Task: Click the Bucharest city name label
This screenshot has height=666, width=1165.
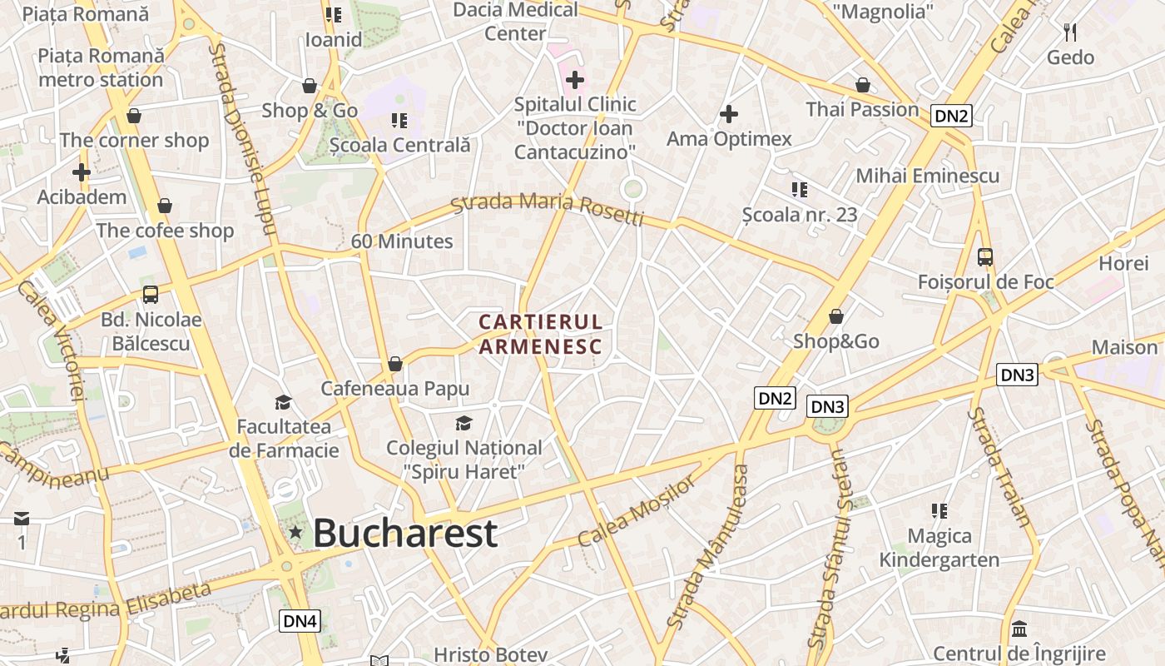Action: (405, 533)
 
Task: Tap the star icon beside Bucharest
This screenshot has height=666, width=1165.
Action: (295, 532)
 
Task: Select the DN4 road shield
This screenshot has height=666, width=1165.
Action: (300, 620)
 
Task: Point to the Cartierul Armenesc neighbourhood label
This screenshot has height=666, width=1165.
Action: (540, 334)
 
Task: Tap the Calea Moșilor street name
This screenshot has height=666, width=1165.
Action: (637, 511)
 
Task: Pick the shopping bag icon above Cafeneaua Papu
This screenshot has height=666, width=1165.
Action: (395, 364)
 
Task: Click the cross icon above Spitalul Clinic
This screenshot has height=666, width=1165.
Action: (574, 80)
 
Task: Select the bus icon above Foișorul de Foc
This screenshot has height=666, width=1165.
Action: (985, 257)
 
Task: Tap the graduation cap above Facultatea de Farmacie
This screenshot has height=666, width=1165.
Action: (283, 403)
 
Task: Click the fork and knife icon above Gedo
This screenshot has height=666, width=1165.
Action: (1070, 32)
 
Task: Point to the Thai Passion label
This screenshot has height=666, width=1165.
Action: (862, 109)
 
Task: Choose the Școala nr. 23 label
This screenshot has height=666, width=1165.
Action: (800, 214)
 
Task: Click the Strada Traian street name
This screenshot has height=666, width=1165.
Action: (999, 467)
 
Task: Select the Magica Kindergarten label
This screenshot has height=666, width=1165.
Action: (939, 547)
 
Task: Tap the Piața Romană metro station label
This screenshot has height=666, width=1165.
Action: (101, 68)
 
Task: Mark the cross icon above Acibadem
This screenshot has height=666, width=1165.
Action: (82, 172)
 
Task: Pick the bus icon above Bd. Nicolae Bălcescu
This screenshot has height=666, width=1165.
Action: (151, 294)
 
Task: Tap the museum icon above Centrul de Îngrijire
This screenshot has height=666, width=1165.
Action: (1019, 629)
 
